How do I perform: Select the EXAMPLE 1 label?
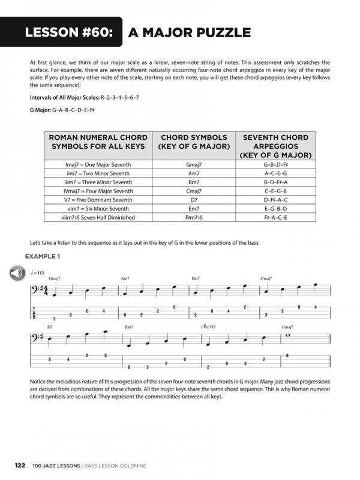pyautogui.click(x=43, y=257)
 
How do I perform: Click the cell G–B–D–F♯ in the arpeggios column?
pyautogui.click(x=275, y=165)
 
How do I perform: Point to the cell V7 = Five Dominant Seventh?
pyautogui.click(x=98, y=200)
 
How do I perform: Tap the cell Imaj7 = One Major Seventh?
pyautogui.click(x=98, y=165)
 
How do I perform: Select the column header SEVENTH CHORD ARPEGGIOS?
pyautogui.click(x=275, y=146)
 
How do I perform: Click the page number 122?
pyautogui.click(x=20, y=466)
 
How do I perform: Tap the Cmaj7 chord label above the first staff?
pyautogui.click(x=266, y=278)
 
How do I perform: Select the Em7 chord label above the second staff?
pyautogui.click(x=129, y=326)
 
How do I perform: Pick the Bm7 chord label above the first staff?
pyautogui.click(x=196, y=278)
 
